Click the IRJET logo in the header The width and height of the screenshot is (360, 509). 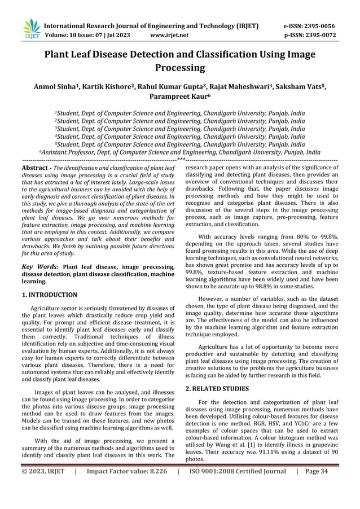(x=32, y=30)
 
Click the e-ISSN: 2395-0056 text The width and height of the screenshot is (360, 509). (x=309, y=26)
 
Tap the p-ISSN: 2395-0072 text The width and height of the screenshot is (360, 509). (x=309, y=35)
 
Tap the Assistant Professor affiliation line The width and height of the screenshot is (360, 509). (x=179, y=152)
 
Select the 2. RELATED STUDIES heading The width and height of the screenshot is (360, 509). (x=217, y=388)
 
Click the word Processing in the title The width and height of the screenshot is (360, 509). (x=179, y=68)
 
